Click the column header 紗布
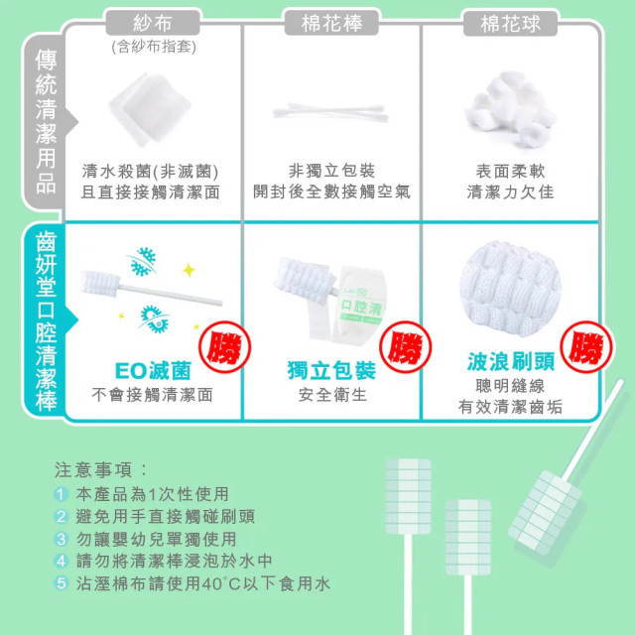click(x=153, y=23)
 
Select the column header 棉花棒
click(x=331, y=23)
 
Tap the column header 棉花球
click(x=510, y=23)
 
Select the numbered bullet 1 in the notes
click(x=62, y=493)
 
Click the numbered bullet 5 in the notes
click(x=62, y=584)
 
